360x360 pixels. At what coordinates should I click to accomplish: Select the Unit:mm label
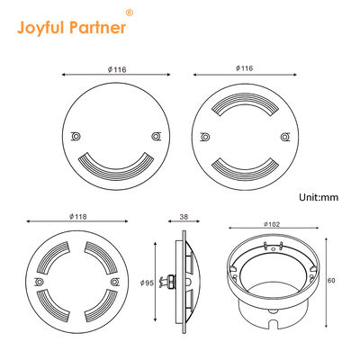(x=319, y=195)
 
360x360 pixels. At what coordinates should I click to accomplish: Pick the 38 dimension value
(x=184, y=216)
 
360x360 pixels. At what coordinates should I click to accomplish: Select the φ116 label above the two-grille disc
(x=242, y=67)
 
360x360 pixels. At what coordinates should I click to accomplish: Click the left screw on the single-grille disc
(x=76, y=136)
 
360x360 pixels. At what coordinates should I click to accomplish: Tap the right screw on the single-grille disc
(x=157, y=136)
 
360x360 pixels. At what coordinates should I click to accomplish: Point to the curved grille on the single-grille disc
(x=115, y=164)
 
